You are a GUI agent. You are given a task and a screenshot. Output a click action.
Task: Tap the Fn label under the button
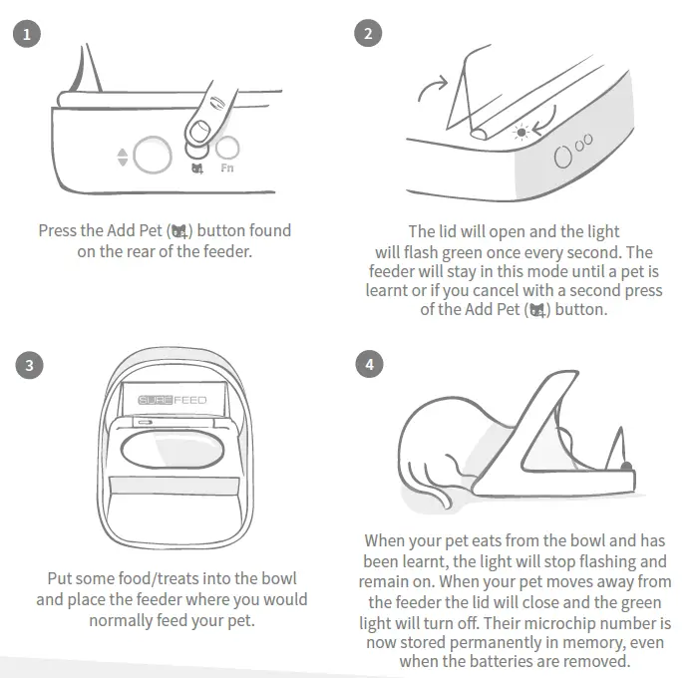point(227,169)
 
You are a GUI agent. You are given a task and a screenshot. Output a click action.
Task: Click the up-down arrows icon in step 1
point(123,157)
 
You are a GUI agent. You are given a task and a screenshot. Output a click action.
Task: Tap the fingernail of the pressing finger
point(199,131)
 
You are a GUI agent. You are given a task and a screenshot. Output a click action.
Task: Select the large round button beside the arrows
point(151,155)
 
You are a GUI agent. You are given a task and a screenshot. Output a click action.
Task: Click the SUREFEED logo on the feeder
point(172,400)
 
